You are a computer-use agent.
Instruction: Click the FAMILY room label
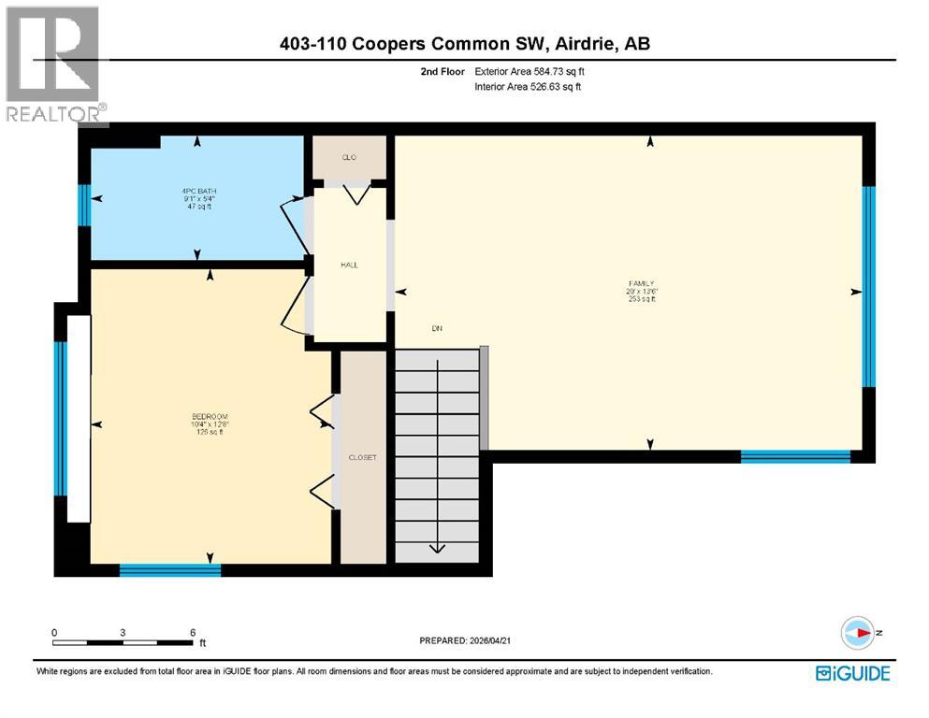coord(641,283)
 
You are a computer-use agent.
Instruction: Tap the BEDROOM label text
coord(210,416)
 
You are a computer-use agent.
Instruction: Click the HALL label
coord(349,265)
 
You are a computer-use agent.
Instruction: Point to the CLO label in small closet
coord(349,157)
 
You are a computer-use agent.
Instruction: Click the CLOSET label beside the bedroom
coord(362,457)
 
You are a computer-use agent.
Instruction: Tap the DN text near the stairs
coord(436,328)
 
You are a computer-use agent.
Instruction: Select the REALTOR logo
coord(54,65)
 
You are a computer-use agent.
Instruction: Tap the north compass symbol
coord(856,634)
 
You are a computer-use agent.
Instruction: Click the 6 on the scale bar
coord(192,632)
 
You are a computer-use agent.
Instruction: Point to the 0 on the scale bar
coord(54,632)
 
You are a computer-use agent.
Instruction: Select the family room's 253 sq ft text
coord(641,299)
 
